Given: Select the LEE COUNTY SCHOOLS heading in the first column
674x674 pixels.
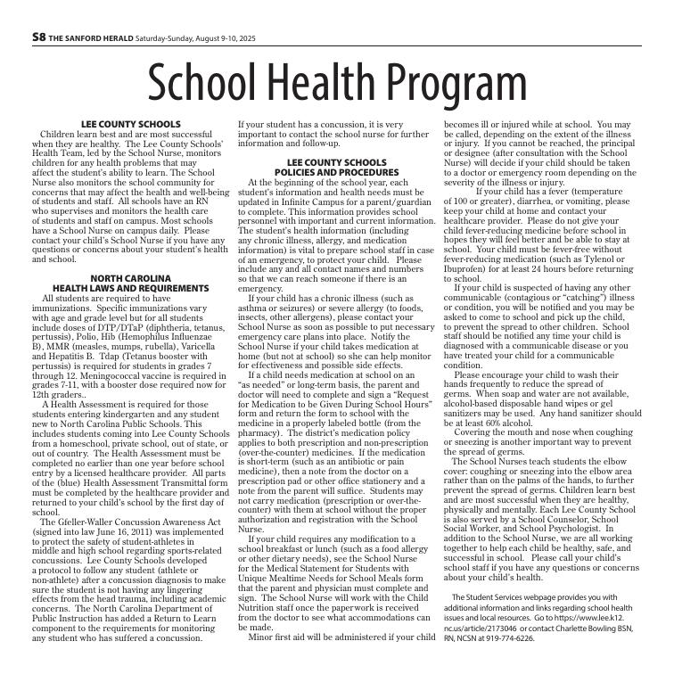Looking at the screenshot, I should pyautogui.click(x=130, y=124).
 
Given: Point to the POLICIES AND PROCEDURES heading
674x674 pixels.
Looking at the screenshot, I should pyautogui.click(x=336, y=171).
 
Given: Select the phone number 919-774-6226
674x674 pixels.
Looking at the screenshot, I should pyautogui.click(x=511, y=638).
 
